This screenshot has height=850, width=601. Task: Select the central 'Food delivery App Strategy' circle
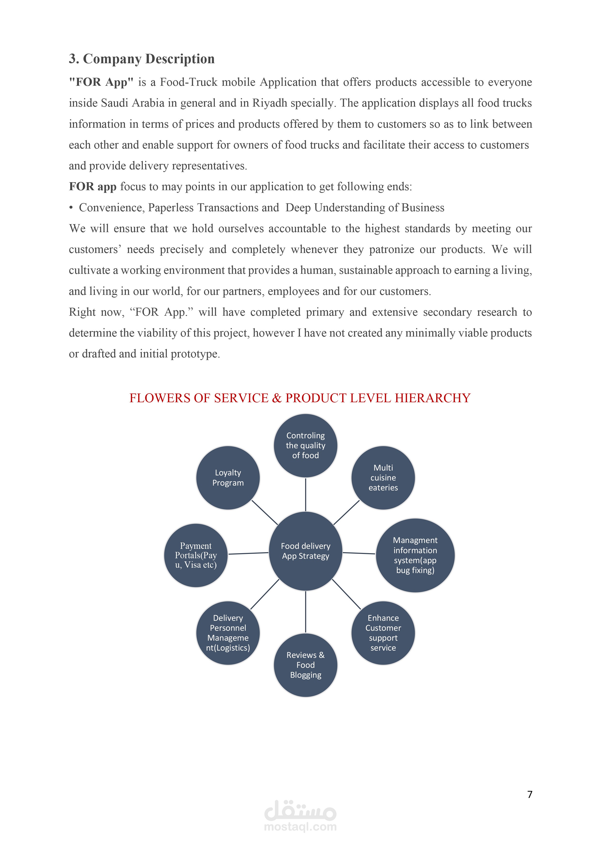306,551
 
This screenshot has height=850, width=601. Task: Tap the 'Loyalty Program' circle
228,478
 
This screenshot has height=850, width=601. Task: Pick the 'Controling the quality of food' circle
306,445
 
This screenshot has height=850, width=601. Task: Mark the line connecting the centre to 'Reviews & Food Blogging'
306,612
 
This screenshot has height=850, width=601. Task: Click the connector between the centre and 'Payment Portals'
248,553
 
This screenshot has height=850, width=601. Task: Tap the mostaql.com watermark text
300,827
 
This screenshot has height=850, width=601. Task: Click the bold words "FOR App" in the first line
101,82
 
